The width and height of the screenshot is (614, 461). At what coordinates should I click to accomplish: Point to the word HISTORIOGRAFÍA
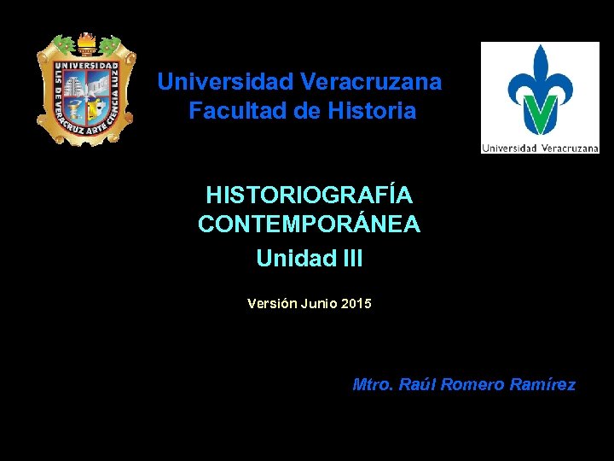(309, 195)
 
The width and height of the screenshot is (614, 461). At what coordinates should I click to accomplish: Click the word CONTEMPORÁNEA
(309, 225)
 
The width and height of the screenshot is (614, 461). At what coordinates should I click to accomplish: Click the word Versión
(269, 303)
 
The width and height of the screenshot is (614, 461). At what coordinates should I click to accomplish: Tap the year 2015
(356, 303)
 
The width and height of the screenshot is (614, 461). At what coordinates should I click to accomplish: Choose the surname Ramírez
(542, 385)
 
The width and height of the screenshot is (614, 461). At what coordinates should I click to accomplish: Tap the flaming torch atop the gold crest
(86, 43)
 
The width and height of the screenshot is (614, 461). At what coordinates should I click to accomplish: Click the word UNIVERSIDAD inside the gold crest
(86, 66)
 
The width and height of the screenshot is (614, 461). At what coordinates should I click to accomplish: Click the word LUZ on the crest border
(120, 83)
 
